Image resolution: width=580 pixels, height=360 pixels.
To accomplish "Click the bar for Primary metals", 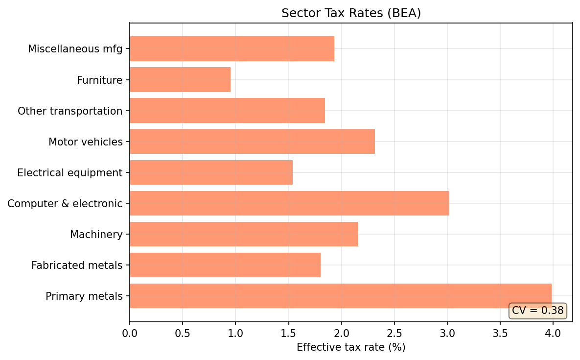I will coord(340,296).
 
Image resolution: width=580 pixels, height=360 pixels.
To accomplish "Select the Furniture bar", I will coord(180,80).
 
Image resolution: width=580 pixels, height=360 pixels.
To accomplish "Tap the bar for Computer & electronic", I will coord(289,203).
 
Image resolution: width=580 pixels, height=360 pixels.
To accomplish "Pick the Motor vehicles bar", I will coord(252,142).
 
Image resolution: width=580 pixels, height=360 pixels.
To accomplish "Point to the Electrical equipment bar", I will coord(211,172).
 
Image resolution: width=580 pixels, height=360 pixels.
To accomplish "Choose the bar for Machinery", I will coord(244,234).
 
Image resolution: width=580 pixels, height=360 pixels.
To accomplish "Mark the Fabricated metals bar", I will coord(225,265).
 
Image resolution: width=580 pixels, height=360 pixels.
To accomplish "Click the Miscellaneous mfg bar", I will coord(232,49).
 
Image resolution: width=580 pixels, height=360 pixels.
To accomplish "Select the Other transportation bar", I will coord(227,111).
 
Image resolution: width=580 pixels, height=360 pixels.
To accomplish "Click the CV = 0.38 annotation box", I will coord(537,311).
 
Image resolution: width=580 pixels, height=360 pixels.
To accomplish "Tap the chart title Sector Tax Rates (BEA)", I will coord(351,13).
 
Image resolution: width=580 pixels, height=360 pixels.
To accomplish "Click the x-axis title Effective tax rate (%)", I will coord(351,347).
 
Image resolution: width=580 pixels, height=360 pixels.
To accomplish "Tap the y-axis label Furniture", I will coord(99,80).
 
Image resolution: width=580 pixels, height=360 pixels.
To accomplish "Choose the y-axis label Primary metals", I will coord(84,296).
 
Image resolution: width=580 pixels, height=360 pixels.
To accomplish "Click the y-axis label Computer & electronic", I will coord(65,203).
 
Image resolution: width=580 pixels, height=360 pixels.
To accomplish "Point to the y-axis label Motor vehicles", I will coord(85,142).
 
